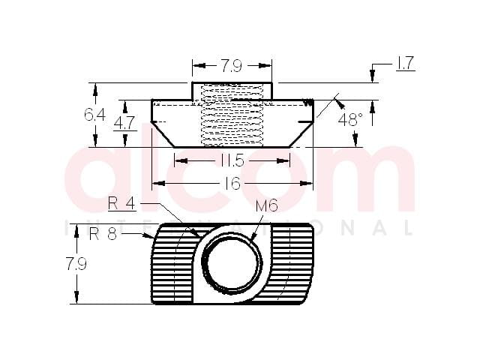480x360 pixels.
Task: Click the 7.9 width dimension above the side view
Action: [232, 66]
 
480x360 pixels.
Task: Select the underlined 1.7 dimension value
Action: [405, 63]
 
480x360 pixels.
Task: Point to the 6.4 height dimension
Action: [95, 115]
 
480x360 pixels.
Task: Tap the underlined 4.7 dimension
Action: [124, 123]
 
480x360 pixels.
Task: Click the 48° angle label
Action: [350, 119]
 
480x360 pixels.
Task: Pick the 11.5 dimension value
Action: [232, 160]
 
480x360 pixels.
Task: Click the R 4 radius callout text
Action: [121, 203]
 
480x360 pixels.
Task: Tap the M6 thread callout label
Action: [267, 205]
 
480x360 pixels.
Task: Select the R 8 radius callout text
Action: [103, 235]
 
